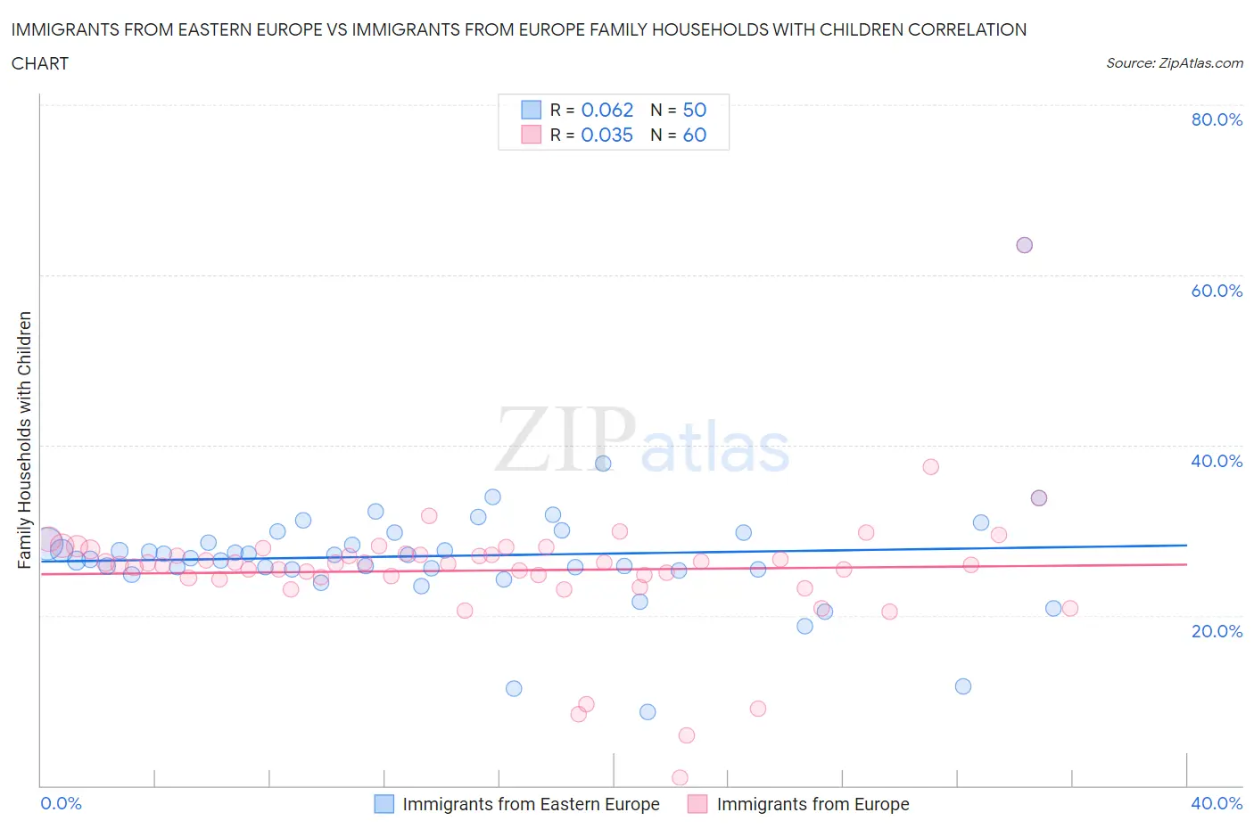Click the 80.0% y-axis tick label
coord(1217,120)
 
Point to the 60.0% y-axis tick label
coord(1217,291)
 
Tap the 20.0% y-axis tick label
coord(1217,631)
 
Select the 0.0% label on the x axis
coord(62,803)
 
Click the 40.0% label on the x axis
coord(1217,803)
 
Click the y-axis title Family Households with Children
coord(25,439)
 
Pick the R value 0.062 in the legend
coord(606,111)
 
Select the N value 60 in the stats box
coord(694,135)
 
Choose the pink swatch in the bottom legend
coord(697,804)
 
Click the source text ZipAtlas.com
coord(1174,63)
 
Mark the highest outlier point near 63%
coord(1024,245)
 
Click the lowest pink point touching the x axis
coord(680,778)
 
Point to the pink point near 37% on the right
coord(930,466)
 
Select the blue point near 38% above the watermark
coord(603,464)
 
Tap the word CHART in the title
coord(40,63)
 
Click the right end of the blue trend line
coord(1186,545)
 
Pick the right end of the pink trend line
coord(1186,564)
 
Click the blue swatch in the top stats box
coord(531,111)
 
